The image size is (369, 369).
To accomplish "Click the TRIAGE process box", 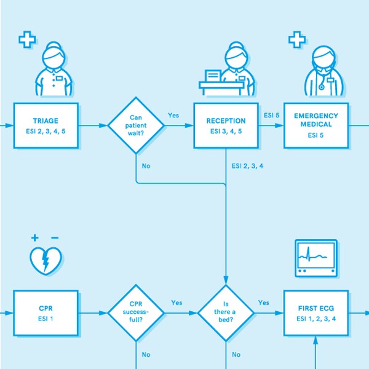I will [47, 125].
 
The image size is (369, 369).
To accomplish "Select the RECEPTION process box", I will [226, 125].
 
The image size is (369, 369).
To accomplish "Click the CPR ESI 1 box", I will [47, 313].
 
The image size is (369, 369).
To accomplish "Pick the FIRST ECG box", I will [315, 313].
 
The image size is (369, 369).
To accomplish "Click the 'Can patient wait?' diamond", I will [136, 125].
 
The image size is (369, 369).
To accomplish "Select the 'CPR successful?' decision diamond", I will [136, 313].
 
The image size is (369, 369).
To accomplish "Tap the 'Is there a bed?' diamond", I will [226, 313].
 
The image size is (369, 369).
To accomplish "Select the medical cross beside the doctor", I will [297, 41].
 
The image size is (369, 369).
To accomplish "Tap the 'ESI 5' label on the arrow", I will [272, 115].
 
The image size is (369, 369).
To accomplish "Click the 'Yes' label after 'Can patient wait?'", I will [173, 115].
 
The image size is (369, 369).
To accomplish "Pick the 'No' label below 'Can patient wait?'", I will [146, 166].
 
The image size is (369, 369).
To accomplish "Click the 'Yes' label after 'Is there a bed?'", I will [263, 303].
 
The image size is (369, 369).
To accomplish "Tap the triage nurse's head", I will [54, 58].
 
